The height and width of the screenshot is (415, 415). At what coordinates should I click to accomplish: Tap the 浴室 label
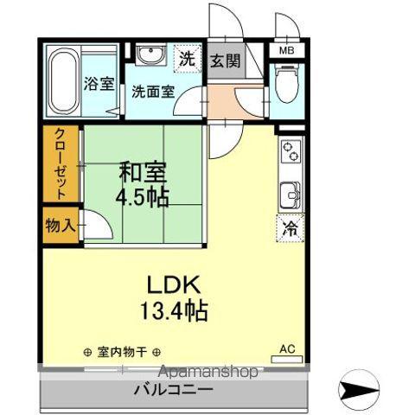(x=99, y=84)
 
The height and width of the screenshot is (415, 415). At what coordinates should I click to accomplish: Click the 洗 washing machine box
(x=188, y=60)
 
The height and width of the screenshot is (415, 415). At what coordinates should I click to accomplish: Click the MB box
(x=285, y=51)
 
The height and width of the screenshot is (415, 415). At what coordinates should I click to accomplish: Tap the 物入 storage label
(x=61, y=226)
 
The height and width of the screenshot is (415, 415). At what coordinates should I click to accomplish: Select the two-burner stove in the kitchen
(x=290, y=153)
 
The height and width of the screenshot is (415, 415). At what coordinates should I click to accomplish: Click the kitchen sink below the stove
(x=290, y=191)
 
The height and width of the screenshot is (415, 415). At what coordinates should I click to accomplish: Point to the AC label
(x=287, y=349)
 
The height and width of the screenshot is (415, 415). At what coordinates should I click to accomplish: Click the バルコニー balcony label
(x=173, y=391)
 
